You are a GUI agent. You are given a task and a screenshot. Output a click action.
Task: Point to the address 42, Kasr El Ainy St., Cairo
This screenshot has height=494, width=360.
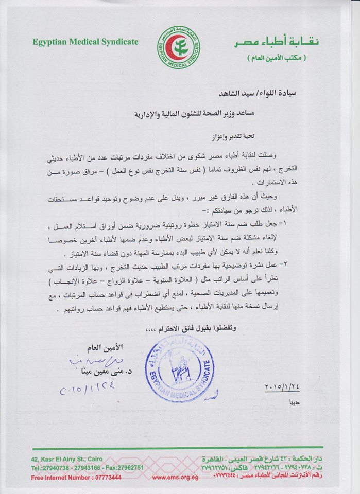(58, 459)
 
